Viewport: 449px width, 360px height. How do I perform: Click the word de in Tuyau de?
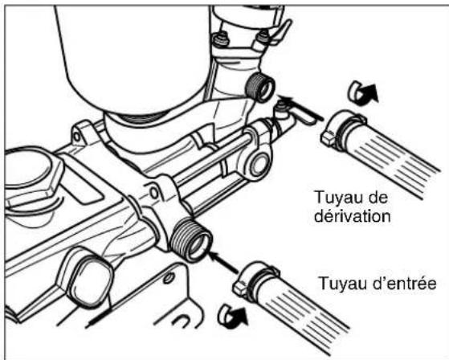pyautogui.click(x=378, y=195)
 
